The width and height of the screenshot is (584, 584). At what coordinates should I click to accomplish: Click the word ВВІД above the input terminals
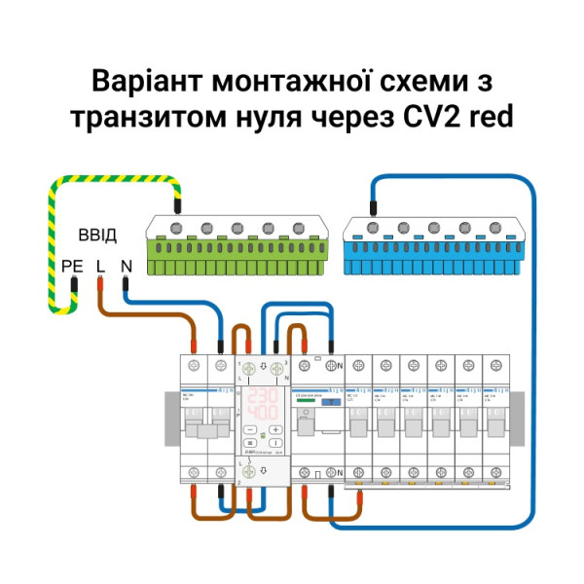click(x=97, y=237)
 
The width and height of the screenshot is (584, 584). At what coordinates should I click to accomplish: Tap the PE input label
click(x=72, y=265)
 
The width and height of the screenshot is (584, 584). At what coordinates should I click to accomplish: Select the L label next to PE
click(x=100, y=265)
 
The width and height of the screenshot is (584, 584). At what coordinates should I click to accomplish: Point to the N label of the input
click(x=127, y=265)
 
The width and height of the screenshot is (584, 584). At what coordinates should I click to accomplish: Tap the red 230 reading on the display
click(x=262, y=398)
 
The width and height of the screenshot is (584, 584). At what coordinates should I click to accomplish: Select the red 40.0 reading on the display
click(x=262, y=414)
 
